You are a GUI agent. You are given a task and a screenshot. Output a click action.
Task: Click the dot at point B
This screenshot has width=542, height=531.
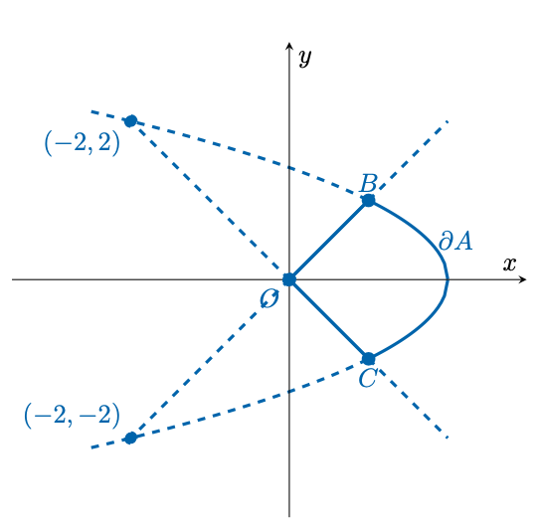[x=369, y=200]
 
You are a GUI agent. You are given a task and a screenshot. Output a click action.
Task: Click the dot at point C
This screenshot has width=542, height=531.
[x=369, y=359]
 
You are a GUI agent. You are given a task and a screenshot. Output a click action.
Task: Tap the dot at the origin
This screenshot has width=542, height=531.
[x=289, y=279]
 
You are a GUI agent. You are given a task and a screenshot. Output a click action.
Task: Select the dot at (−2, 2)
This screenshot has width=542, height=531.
[x=130, y=121]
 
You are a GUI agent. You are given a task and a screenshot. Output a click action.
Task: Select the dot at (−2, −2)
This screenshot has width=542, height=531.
[x=130, y=438]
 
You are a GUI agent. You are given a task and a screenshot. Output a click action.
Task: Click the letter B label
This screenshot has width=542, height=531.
[x=368, y=183]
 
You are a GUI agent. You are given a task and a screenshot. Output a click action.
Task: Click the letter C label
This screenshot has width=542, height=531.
[x=367, y=379]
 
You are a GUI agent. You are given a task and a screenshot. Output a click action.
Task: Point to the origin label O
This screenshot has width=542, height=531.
[x=270, y=299]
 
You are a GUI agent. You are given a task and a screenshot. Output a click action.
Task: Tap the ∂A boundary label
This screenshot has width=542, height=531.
[x=455, y=241]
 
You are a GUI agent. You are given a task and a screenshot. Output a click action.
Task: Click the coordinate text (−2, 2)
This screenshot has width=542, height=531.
[x=83, y=143]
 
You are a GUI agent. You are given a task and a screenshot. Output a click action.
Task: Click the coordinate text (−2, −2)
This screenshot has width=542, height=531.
[x=72, y=415]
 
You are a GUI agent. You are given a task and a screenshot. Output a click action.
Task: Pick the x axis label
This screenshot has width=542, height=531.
[x=509, y=265]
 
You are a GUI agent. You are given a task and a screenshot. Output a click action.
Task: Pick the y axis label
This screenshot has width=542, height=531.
[x=305, y=58]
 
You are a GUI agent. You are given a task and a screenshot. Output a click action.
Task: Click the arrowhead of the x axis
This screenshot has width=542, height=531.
[x=523, y=279]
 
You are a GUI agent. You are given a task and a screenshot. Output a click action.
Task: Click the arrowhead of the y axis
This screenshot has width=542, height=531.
[x=289, y=47]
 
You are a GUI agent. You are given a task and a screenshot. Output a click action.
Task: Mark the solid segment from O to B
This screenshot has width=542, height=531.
[x=329, y=240]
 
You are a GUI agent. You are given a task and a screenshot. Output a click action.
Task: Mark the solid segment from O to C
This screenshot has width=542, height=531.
[x=329, y=319]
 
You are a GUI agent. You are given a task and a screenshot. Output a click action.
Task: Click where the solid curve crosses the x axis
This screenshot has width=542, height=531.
[x=449, y=279]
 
